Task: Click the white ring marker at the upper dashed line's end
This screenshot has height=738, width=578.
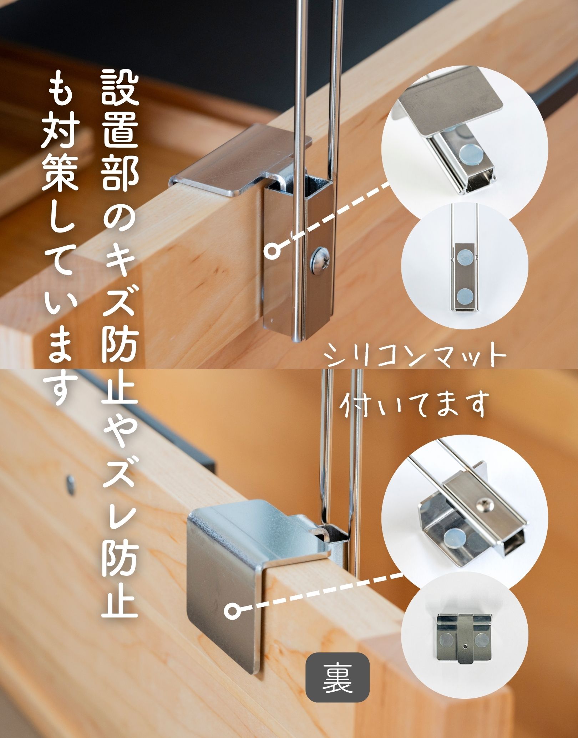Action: click(273, 251)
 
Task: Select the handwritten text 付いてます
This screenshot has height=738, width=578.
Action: click(414, 406)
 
